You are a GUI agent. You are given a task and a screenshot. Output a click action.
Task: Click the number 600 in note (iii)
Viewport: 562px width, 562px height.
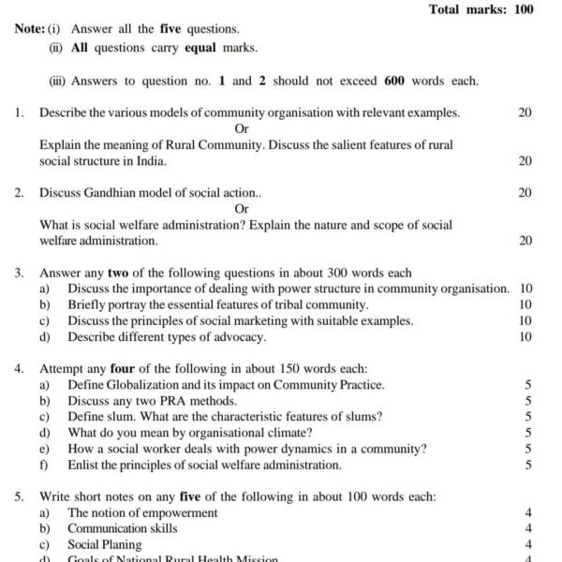pyautogui.click(x=394, y=81)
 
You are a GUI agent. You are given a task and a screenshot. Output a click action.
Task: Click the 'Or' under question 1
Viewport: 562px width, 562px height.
pyautogui.click(x=242, y=129)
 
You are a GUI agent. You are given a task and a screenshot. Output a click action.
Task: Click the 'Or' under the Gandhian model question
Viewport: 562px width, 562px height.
pyautogui.click(x=242, y=209)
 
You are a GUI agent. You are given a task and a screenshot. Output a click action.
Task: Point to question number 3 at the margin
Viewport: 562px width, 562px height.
pyautogui.click(x=19, y=274)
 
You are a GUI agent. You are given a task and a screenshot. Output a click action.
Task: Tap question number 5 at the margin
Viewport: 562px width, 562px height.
pyautogui.click(x=19, y=497)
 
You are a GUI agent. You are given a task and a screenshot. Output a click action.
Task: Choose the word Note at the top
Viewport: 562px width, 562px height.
pyautogui.click(x=28, y=29)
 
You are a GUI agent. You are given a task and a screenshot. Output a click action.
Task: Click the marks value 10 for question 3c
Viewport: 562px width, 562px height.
pyautogui.click(x=525, y=321)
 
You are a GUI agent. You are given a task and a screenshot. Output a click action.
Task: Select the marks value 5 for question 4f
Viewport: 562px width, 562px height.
pyautogui.click(x=528, y=466)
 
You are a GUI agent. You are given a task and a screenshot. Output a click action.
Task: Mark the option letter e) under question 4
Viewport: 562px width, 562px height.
pyautogui.click(x=44, y=449)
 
